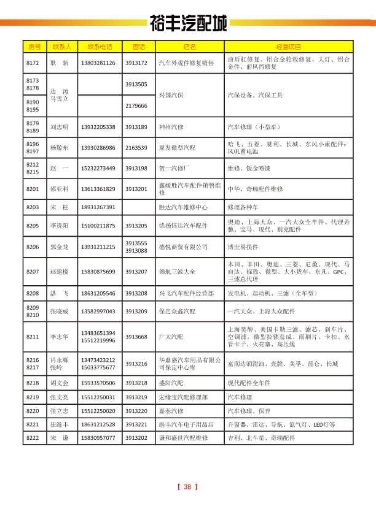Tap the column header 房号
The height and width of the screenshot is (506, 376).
click(34, 47)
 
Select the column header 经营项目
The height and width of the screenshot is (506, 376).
click(289, 47)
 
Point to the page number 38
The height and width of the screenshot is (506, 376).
click(188, 487)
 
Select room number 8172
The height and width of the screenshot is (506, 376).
click(33, 63)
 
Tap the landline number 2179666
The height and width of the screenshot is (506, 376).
click(136, 106)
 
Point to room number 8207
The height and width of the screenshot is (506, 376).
click(33, 271)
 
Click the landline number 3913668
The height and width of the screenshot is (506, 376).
click(136, 337)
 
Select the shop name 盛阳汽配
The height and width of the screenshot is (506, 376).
click(171, 383)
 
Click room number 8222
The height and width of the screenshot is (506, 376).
click(33, 439)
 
